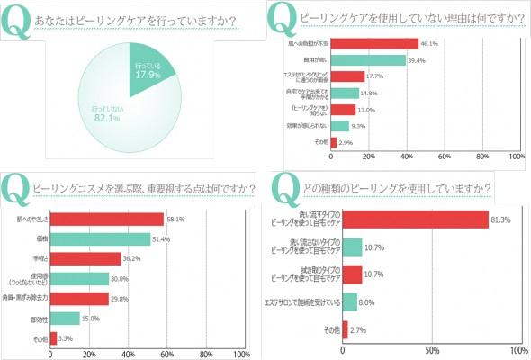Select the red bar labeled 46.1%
click(x=374, y=43)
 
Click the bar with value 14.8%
click(x=345, y=93)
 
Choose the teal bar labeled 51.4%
click(x=100, y=239)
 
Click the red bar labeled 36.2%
click(x=85, y=259)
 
